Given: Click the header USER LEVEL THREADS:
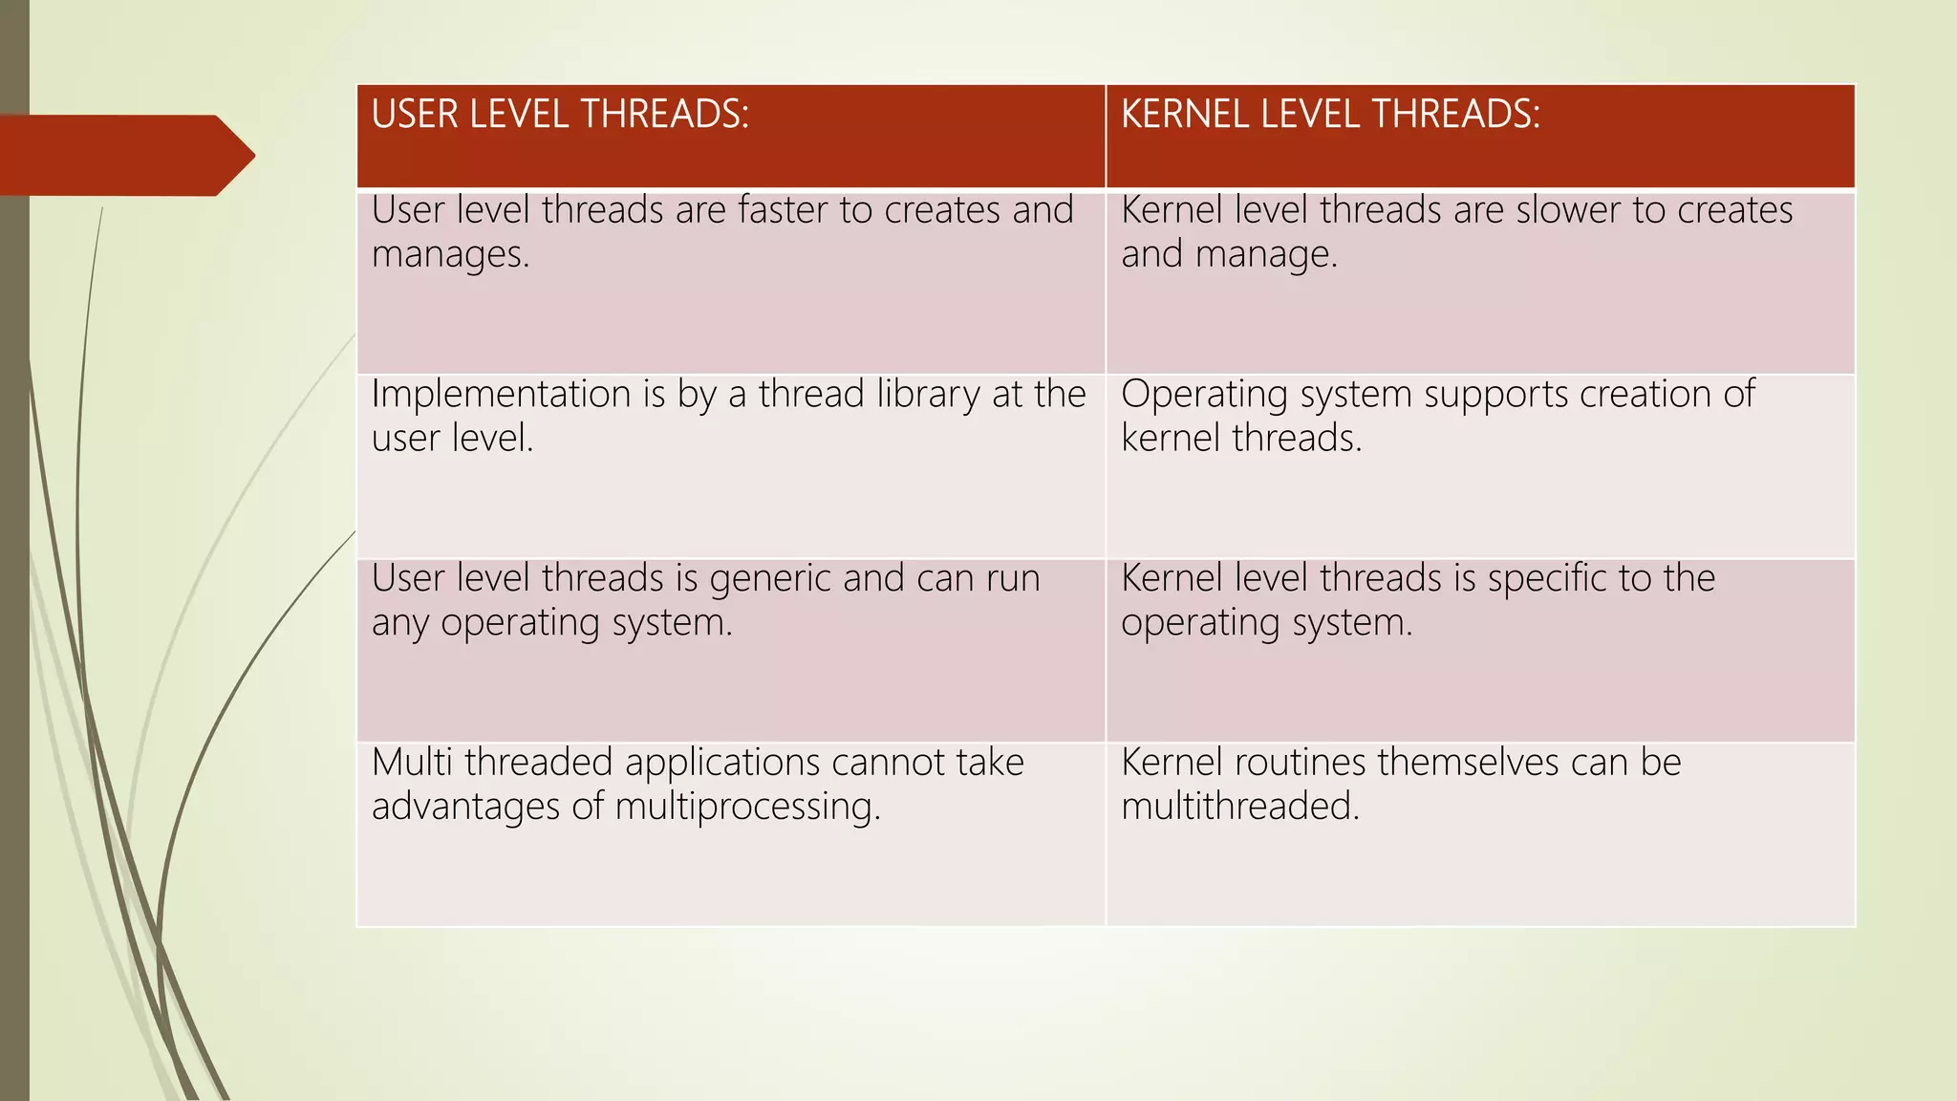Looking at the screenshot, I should pyautogui.click(x=560, y=115).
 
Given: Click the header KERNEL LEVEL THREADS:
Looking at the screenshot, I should pyautogui.click(x=1330, y=115).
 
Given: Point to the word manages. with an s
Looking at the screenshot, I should pyautogui.click(x=450, y=255).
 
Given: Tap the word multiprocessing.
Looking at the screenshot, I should pyautogui.click(x=747, y=807).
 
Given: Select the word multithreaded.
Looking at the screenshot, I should pyautogui.click(x=1239, y=807).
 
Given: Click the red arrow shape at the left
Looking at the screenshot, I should pyautogui.click(x=124, y=155).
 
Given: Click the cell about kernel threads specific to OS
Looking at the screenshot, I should pyautogui.click(x=1479, y=650).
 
